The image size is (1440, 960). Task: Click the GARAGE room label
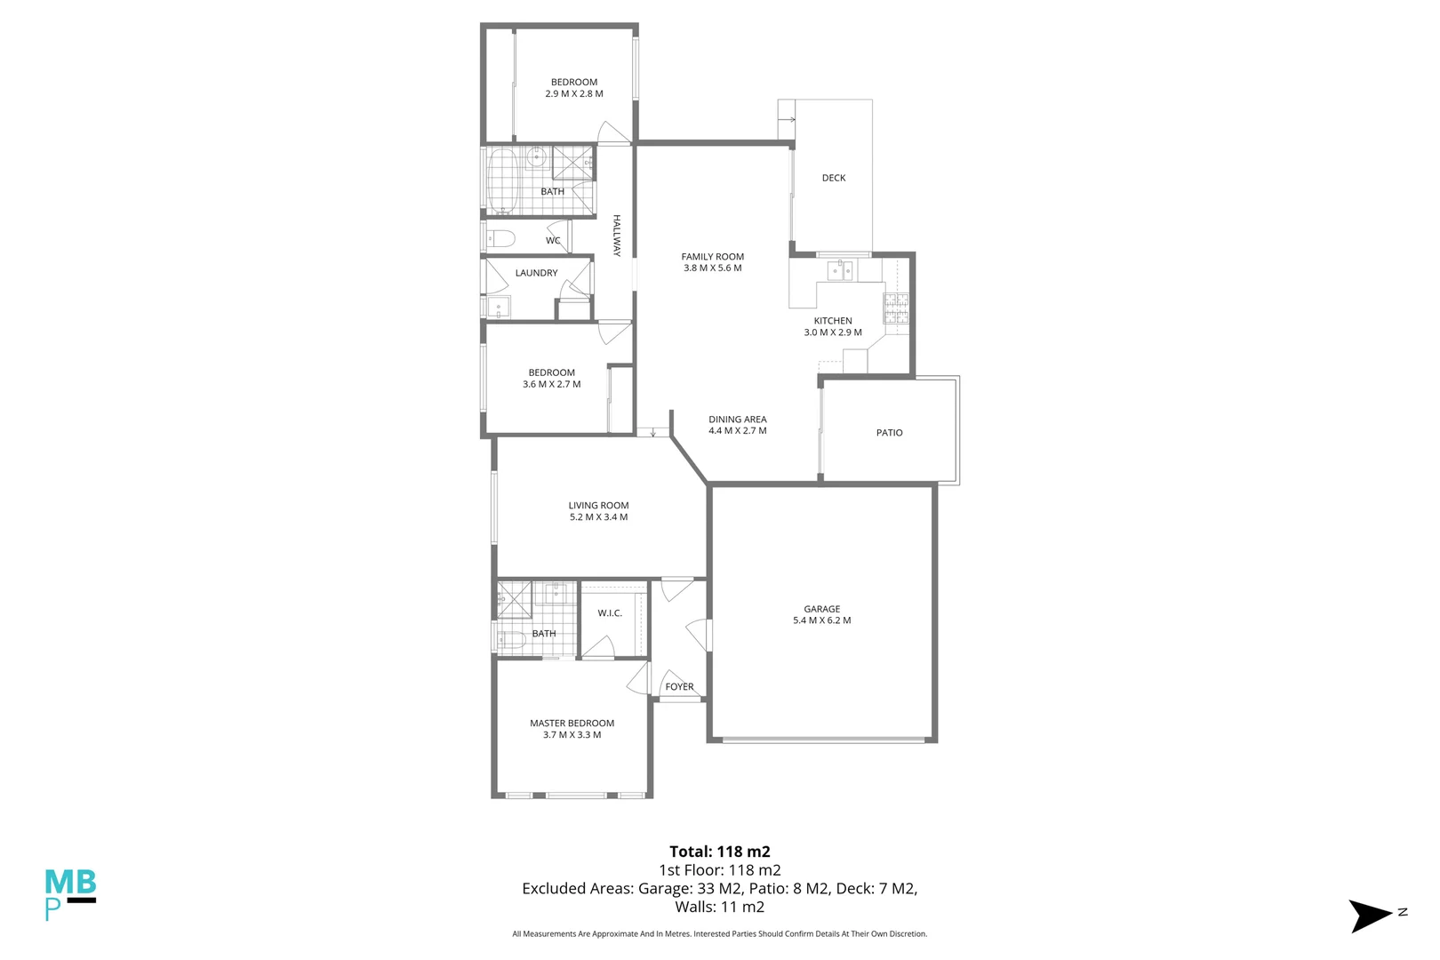821,609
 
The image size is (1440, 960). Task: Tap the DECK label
834,178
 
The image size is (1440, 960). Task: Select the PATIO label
889,433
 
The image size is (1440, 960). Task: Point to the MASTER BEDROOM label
572,724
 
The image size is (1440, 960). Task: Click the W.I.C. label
610,613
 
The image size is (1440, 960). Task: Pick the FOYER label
679,687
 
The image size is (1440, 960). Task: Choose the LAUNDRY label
536,273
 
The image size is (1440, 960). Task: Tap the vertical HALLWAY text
617,236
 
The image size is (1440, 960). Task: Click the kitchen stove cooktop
895,308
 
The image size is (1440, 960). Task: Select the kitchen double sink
840,271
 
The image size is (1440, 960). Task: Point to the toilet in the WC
500,239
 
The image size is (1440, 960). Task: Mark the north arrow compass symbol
1371,916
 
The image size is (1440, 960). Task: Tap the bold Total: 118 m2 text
719,852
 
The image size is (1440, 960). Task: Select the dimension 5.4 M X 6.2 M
821,620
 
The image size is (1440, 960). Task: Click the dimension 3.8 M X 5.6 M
712,268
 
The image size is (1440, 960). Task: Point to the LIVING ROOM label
598,506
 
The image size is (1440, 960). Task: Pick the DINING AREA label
738,420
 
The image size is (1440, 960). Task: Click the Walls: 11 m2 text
719,907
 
